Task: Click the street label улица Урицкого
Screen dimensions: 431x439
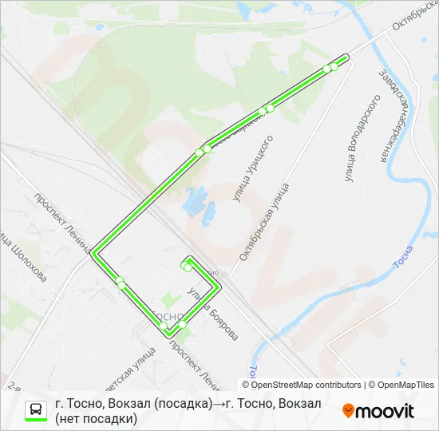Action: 254,168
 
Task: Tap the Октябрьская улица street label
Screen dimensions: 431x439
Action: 264,223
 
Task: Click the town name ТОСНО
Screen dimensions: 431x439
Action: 171,316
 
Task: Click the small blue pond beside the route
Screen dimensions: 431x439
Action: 195,203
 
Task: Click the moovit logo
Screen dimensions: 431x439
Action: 378,411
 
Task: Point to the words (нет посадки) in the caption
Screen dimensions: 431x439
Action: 96,418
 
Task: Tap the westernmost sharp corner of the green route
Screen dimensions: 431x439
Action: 93,252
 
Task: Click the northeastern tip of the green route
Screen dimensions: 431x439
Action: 346,56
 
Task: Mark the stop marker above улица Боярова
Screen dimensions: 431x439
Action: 188,267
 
